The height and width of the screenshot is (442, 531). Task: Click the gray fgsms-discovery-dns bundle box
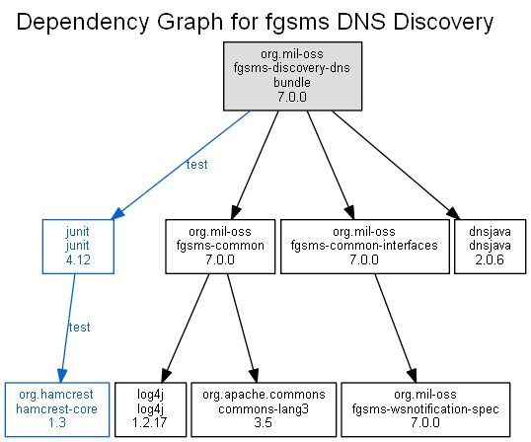(x=292, y=76)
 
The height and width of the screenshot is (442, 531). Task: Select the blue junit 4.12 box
(x=78, y=247)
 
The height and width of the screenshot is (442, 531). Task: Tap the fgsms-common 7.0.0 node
(x=220, y=247)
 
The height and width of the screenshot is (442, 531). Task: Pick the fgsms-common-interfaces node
(x=365, y=247)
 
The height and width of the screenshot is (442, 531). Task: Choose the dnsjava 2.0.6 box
(x=490, y=247)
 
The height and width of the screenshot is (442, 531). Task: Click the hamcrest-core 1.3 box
(x=57, y=409)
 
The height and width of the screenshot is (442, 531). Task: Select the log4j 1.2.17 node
(x=150, y=409)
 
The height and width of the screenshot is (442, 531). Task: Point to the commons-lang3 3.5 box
(x=264, y=409)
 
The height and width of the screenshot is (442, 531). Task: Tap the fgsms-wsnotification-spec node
(x=425, y=409)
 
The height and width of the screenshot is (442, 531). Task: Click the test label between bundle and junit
(x=196, y=165)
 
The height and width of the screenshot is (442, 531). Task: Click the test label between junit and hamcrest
(x=79, y=328)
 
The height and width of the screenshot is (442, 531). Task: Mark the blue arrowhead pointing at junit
(x=117, y=213)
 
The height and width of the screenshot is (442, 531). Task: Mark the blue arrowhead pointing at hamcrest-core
(x=62, y=376)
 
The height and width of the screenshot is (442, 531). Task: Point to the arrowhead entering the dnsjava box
(x=453, y=213)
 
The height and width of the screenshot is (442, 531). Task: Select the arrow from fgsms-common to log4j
(x=186, y=328)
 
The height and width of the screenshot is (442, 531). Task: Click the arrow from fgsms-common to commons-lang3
(x=242, y=328)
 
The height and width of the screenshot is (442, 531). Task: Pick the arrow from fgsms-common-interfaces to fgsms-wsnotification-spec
(x=395, y=328)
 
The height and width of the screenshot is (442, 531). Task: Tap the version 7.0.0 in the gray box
(x=292, y=97)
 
